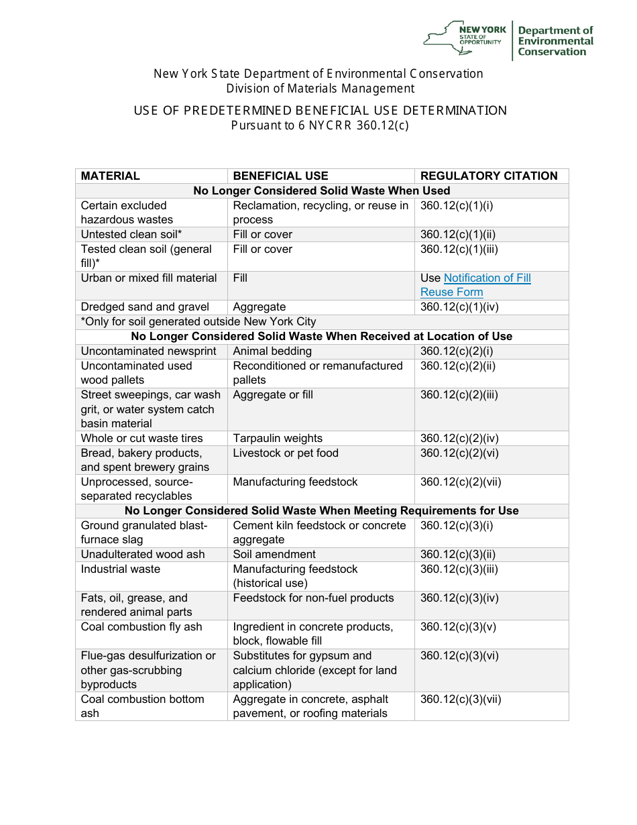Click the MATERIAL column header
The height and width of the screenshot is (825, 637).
(111, 176)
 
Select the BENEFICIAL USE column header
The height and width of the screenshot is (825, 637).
(280, 176)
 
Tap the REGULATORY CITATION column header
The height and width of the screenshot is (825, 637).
(488, 176)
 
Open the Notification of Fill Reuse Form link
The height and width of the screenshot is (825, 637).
(475, 285)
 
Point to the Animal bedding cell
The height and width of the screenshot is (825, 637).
(272, 351)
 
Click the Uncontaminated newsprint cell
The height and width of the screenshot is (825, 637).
(148, 351)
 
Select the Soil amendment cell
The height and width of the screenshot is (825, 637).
(274, 554)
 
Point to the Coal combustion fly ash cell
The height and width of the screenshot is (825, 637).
(141, 626)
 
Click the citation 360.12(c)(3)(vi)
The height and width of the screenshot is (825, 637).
(459, 655)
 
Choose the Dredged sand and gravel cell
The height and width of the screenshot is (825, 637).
(145, 307)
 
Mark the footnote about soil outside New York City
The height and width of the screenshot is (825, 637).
(198, 321)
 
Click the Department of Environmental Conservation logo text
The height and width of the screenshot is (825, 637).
(555, 41)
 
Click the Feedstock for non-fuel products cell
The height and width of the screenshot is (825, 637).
(313, 598)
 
